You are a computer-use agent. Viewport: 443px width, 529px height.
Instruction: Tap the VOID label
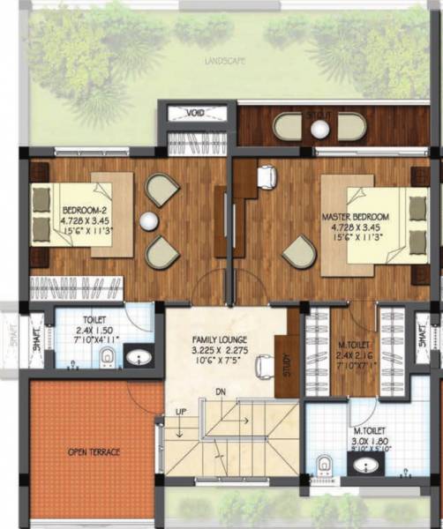click(x=197, y=113)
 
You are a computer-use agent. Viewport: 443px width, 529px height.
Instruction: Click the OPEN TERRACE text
click(x=94, y=452)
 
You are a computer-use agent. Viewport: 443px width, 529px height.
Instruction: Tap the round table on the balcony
click(x=319, y=130)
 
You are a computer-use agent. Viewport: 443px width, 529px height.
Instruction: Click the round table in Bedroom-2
click(x=151, y=220)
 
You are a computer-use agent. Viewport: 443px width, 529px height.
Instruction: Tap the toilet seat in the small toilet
click(x=107, y=356)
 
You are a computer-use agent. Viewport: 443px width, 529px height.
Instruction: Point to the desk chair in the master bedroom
click(x=265, y=179)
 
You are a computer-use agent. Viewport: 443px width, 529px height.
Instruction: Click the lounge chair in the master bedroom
click(x=298, y=252)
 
